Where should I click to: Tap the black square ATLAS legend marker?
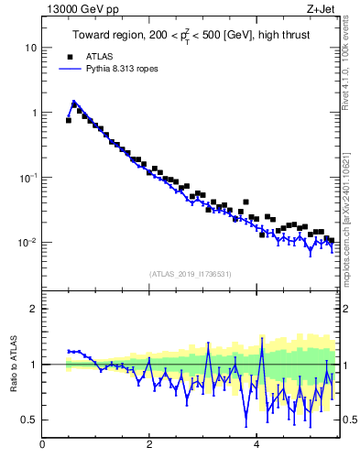click(69, 57)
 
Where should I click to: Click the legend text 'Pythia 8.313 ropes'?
click(123, 69)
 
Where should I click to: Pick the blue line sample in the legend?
click(69, 69)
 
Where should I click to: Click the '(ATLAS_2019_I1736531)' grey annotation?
click(190, 274)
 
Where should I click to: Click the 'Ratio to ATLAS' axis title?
click(12, 364)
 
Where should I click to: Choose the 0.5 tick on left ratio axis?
click(29, 420)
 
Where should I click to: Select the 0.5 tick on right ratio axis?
click(349, 420)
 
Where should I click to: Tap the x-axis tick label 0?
click(42, 446)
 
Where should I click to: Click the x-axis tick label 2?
click(149, 446)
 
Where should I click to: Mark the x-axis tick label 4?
click(256, 446)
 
